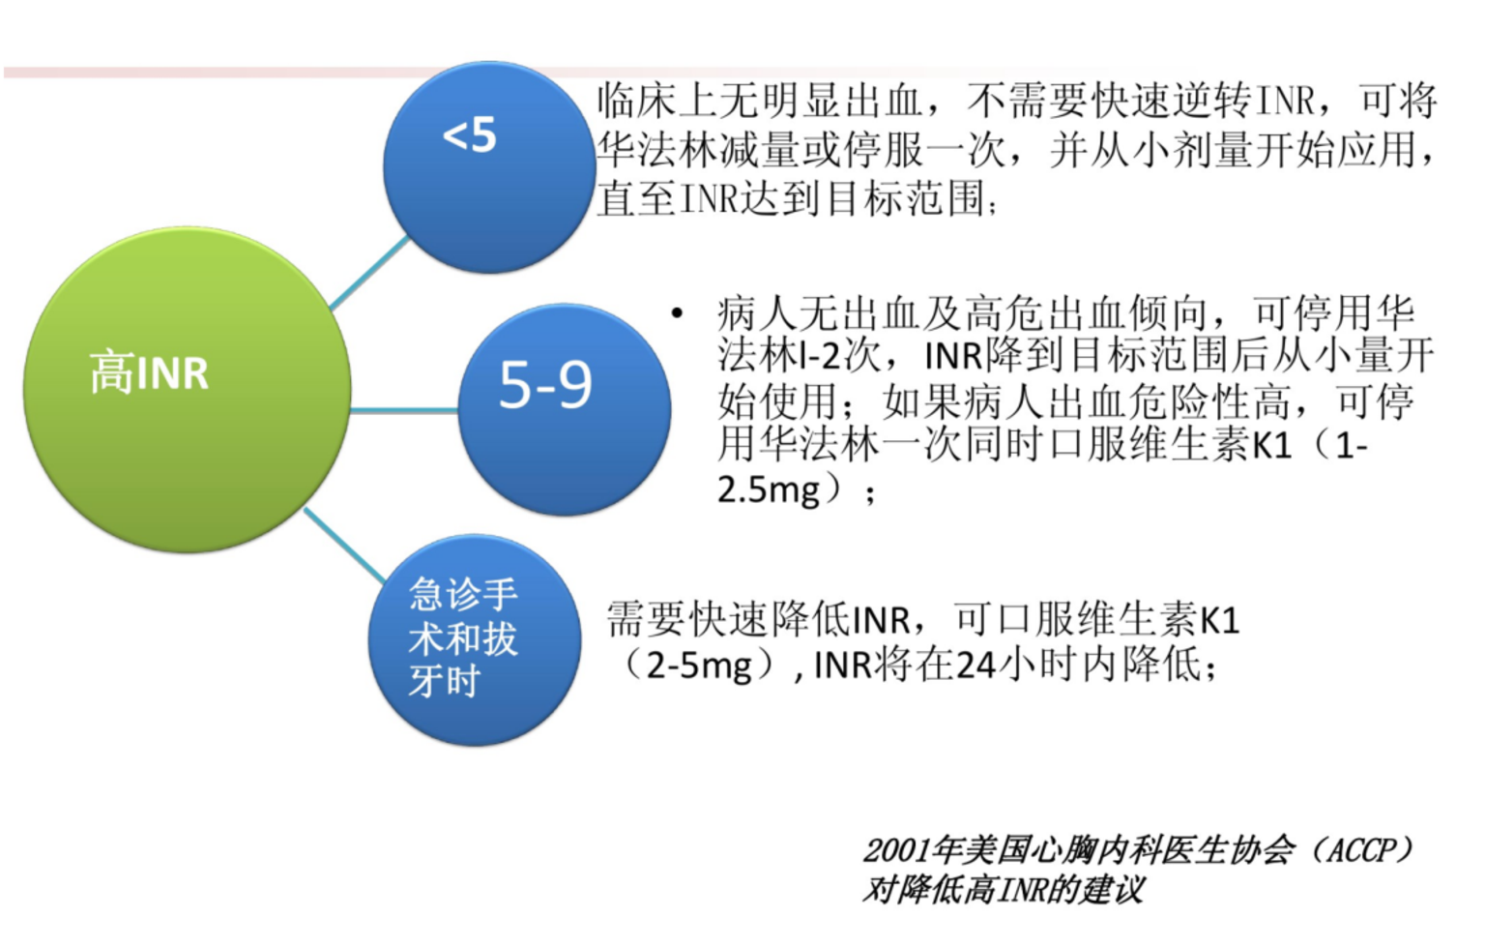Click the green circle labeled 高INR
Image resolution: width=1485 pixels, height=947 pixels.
[187, 390]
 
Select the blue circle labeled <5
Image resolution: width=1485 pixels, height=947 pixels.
[489, 166]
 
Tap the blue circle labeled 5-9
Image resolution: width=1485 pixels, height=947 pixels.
[564, 409]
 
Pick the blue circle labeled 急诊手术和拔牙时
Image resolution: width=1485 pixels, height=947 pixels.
[475, 639]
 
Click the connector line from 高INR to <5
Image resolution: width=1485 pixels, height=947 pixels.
[370, 271]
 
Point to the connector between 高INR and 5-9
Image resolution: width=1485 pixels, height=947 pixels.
[404, 410]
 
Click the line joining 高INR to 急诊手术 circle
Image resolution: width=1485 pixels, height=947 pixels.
[344, 544]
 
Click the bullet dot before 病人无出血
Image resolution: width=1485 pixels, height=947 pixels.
[677, 312]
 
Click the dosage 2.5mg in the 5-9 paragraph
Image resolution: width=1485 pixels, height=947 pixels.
[768, 489]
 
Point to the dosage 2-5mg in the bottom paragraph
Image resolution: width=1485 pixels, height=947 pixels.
[699, 666]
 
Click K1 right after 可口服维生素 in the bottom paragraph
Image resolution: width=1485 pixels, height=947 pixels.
[1220, 619]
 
